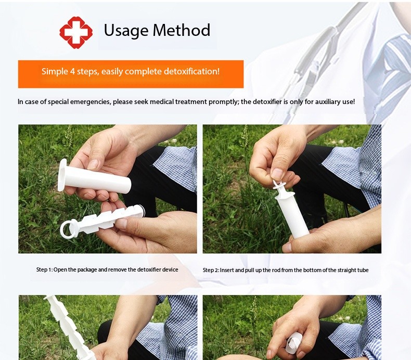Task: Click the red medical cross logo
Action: [x=76, y=31]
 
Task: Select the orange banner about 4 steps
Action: [x=131, y=73]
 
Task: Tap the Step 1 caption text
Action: [x=107, y=269]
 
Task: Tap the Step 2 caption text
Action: [x=286, y=270]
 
